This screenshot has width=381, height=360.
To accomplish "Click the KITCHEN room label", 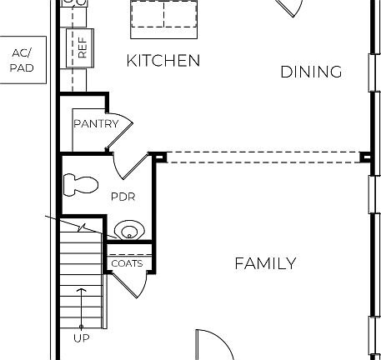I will [163, 61].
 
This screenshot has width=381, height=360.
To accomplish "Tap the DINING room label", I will [310, 72].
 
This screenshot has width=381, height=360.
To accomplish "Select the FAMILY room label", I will [264, 264].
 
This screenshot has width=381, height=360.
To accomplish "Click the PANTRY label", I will [96, 124].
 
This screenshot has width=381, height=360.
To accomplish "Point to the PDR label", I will [123, 197].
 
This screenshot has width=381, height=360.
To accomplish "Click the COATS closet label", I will [127, 263].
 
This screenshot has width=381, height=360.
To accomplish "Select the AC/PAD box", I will [21, 60].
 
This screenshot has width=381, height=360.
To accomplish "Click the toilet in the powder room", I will [82, 182].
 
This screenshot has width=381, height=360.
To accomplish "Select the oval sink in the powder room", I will [127, 229].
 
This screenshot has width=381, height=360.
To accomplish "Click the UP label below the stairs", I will [81, 338].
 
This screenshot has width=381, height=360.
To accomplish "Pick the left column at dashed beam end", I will [160, 156].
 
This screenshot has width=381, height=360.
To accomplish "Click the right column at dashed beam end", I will [365, 156].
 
